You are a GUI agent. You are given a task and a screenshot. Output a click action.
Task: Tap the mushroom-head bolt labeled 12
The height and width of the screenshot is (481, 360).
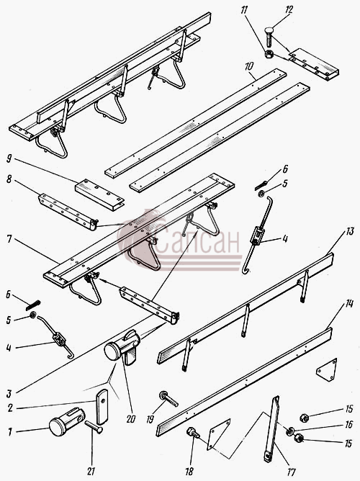pyautogui.click(x=269, y=37)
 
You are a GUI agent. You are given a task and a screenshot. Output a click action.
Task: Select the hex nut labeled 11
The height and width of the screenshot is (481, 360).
pyautogui.click(x=269, y=54)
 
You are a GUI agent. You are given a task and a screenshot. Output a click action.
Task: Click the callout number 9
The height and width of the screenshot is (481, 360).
pyautogui.click(x=9, y=159)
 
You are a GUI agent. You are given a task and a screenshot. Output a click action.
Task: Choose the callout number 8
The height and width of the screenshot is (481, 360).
pyautogui.click(x=9, y=179)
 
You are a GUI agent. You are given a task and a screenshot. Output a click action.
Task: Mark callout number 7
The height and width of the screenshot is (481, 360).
pyautogui.click(x=9, y=238)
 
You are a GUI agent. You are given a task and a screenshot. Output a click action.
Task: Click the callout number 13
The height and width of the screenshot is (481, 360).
pyautogui.click(x=350, y=231)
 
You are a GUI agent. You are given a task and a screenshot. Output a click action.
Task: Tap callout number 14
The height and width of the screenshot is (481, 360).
pyautogui.click(x=349, y=304)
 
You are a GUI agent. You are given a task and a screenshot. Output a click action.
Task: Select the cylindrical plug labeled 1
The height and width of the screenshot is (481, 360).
pyautogui.click(x=66, y=421)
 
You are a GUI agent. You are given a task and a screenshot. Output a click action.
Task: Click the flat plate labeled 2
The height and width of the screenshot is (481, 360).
pyautogui.click(x=102, y=406)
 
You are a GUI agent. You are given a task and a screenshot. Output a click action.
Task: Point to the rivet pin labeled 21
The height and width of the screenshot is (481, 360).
pyautogui.click(x=94, y=427)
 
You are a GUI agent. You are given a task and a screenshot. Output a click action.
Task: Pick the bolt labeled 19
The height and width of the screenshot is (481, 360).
pyautogui.click(x=168, y=399)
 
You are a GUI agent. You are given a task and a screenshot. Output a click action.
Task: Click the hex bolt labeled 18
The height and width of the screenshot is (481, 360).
pyautogui.click(x=193, y=433)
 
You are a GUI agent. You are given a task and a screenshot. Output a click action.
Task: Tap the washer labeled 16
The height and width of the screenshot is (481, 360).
pyautogui.click(x=289, y=431)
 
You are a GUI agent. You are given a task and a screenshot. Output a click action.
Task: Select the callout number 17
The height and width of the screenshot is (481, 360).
pyautogui.click(x=291, y=472)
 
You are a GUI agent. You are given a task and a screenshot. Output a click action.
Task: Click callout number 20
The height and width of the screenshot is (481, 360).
pyautogui.click(x=130, y=419)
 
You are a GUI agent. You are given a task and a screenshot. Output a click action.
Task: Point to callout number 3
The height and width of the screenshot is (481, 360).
pyautogui.click(x=9, y=394)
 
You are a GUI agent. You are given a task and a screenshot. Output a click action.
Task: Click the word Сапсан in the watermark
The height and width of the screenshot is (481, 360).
pyautogui.click(x=197, y=243)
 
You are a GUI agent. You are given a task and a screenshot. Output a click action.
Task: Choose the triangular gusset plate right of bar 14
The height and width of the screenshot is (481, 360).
pyautogui.click(x=328, y=369)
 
